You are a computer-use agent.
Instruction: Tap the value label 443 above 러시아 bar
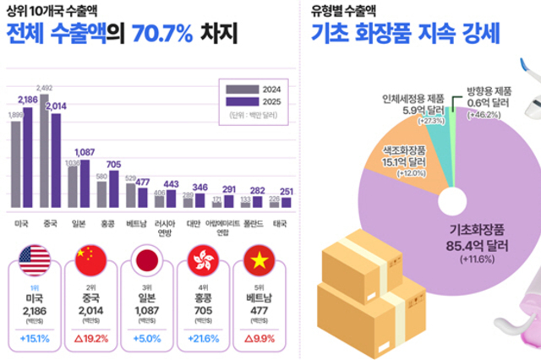pos(171,183)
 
